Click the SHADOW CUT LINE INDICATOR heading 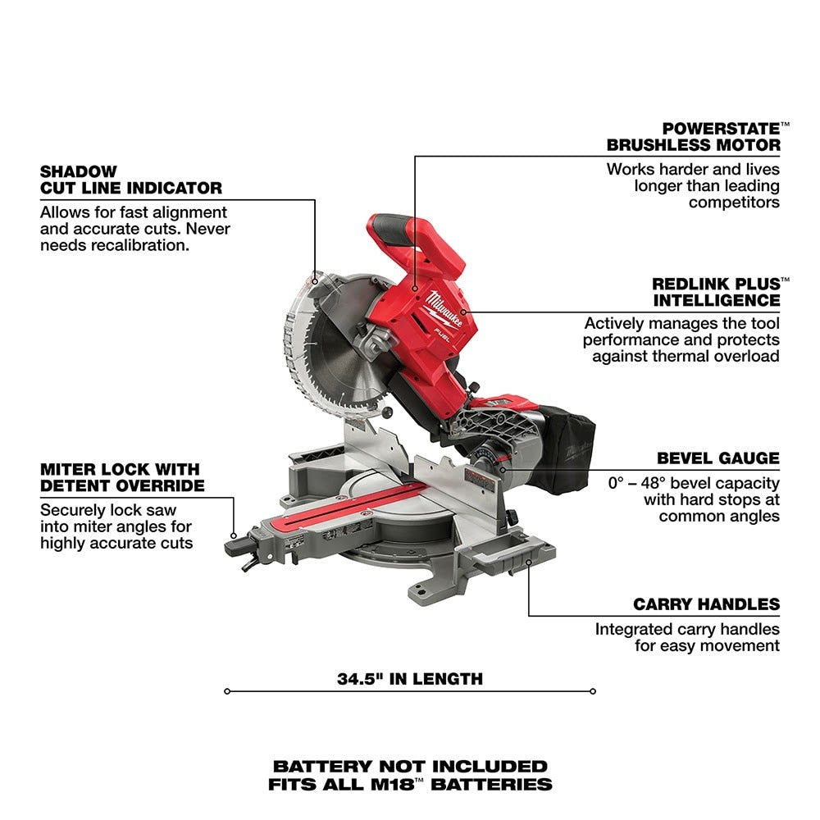pyautogui.click(x=130, y=180)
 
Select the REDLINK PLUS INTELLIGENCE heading pyautogui.click(x=716, y=292)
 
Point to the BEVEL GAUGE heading pyautogui.click(x=717, y=458)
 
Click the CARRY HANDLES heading pyautogui.click(x=706, y=604)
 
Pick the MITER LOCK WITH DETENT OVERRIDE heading pyautogui.click(x=120, y=477)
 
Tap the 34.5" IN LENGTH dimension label pyautogui.click(x=409, y=679)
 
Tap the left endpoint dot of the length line pyautogui.click(x=227, y=691)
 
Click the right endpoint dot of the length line pyautogui.click(x=593, y=691)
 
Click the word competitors pyautogui.click(x=734, y=202)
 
